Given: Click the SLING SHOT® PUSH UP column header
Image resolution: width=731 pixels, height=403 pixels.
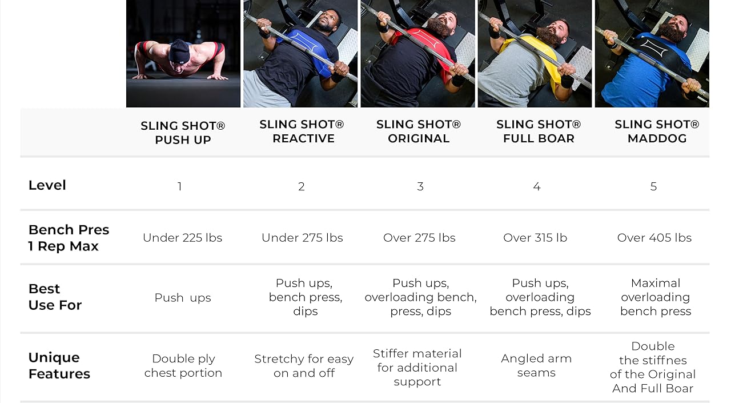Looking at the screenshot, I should click(183, 133).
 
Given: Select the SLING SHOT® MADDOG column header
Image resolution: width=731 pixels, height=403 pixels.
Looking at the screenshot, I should click(657, 131).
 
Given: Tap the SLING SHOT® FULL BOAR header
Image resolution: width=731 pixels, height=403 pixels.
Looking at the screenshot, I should click(539, 131).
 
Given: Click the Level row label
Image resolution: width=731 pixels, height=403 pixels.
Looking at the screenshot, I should click(47, 185).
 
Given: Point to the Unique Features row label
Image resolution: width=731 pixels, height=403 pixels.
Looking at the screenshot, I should click(59, 366).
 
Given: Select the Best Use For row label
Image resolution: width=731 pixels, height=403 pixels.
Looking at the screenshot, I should click(55, 297).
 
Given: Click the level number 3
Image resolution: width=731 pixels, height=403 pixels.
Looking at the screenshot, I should click(420, 186).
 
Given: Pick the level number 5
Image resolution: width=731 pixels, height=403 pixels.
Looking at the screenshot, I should click(653, 186).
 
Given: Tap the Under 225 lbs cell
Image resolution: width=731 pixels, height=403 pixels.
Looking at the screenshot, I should click(183, 238).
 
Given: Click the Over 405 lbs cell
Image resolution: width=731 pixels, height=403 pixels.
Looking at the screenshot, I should click(654, 238).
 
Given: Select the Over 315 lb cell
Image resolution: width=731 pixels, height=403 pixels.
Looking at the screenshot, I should click(535, 238).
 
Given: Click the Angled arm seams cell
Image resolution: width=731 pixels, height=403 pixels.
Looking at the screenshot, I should click(536, 366).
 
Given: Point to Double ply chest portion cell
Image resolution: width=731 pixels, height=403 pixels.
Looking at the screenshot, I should click(183, 366).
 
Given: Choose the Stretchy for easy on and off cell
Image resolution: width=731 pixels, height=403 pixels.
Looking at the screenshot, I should click(304, 366).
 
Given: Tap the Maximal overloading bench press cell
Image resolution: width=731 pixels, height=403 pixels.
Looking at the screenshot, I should click(656, 297).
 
